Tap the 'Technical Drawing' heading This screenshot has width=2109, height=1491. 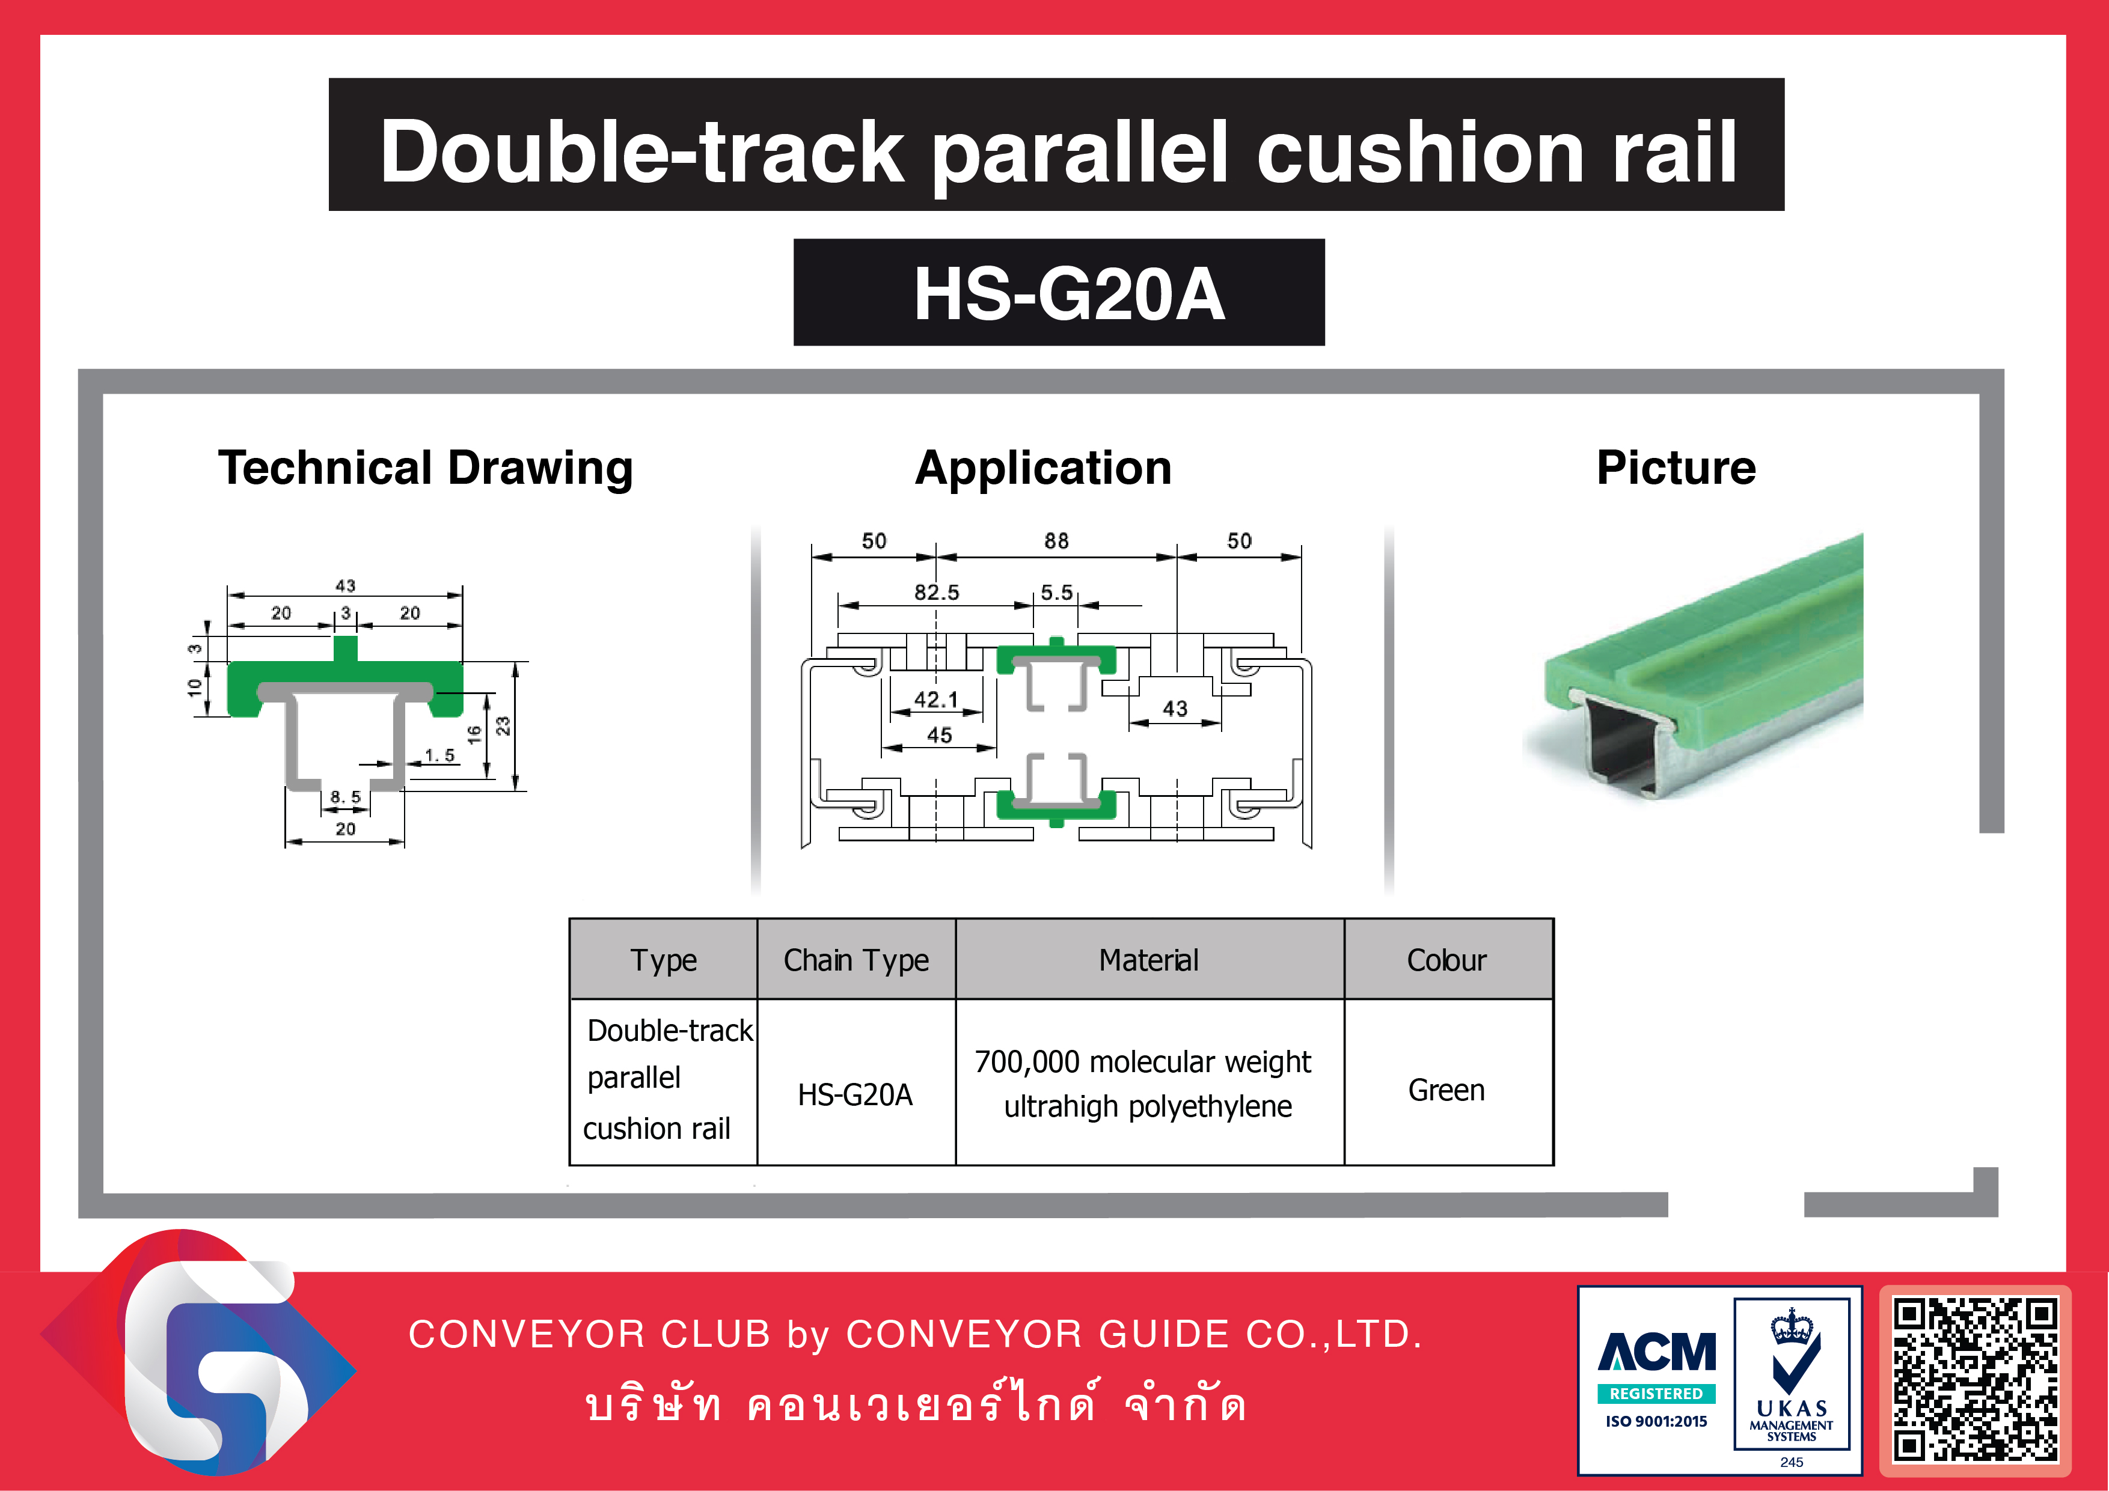(425, 468)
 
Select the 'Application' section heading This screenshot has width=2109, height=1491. (1044, 468)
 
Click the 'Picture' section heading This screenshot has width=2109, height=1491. (1676, 468)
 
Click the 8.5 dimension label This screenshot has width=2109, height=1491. (345, 797)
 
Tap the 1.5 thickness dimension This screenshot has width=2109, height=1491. (439, 755)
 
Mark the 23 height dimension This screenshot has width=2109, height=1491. (503, 726)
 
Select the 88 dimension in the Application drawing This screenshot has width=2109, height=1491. (1056, 541)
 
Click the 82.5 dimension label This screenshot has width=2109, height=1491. (936, 592)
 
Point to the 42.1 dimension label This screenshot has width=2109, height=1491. (936, 700)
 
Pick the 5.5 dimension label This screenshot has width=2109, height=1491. (1056, 592)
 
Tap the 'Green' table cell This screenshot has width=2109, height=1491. (1446, 1090)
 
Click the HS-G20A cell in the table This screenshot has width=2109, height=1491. (855, 1094)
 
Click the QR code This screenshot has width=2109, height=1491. (1976, 1379)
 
